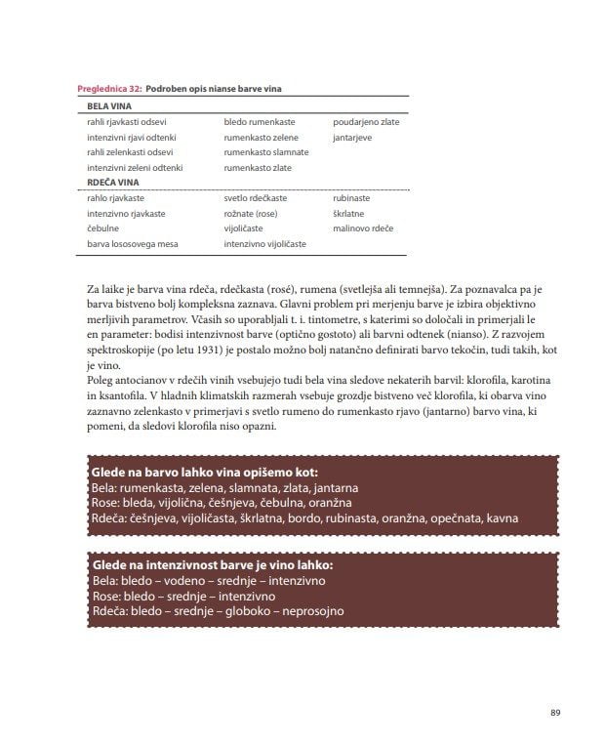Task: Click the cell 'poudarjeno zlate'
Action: click(366, 122)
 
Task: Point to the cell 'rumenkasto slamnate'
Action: click(265, 152)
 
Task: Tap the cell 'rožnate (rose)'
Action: click(251, 213)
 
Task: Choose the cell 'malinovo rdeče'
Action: click(363, 227)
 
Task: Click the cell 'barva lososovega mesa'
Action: click(131, 243)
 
